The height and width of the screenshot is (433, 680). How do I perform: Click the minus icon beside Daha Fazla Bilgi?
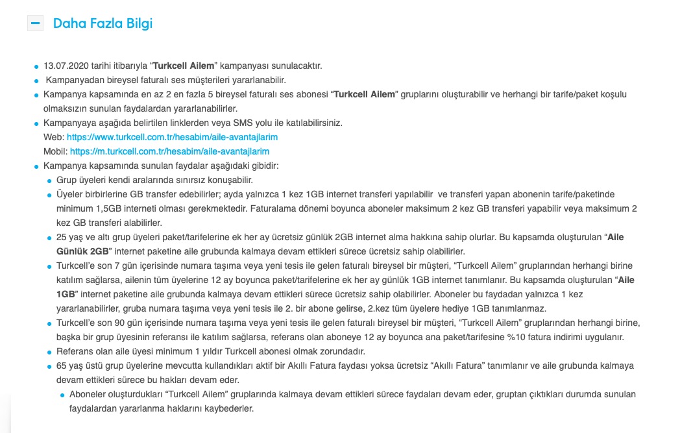[35, 23]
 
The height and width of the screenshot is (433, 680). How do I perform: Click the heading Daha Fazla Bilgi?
[103, 24]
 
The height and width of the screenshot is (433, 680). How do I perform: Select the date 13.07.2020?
[64, 66]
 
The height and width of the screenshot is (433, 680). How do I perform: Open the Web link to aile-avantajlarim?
[173, 137]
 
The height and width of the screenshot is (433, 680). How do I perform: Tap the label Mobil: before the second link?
[55, 151]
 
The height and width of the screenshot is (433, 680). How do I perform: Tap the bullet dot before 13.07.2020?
[36, 66]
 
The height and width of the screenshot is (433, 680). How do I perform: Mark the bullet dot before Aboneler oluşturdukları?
[62, 395]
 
